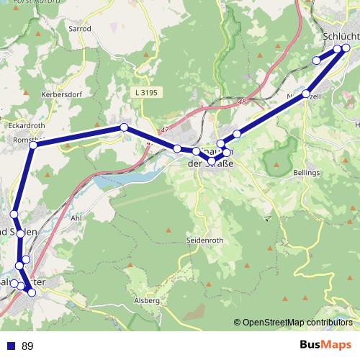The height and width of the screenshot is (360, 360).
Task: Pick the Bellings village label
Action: pyautogui.click(x=307, y=174)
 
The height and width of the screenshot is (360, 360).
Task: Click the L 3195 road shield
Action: pyautogui.click(x=145, y=92)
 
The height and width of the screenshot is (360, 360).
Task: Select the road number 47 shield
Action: pyautogui.click(x=166, y=130)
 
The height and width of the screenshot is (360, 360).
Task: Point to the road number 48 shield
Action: pyautogui.click(x=251, y=102)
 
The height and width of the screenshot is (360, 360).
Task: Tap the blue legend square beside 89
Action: pyautogui.click(x=9, y=346)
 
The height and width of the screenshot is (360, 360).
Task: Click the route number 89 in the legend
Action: pyautogui.click(x=28, y=346)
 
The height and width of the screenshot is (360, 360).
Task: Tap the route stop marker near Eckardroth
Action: pyautogui.click(x=32, y=145)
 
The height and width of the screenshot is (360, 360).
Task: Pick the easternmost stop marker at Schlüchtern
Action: pyautogui.click(x=346, y=48)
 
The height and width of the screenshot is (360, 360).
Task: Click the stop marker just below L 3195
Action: pyautogui.click(x=124, y=127)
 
